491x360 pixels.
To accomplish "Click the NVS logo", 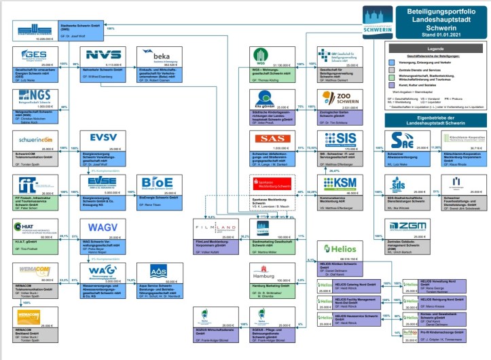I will [x=103, y=55].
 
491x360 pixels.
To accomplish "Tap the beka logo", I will [x=159, y=56].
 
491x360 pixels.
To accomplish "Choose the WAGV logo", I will [x=103, y=226].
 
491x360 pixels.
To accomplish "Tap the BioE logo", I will [x=158, y=185].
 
